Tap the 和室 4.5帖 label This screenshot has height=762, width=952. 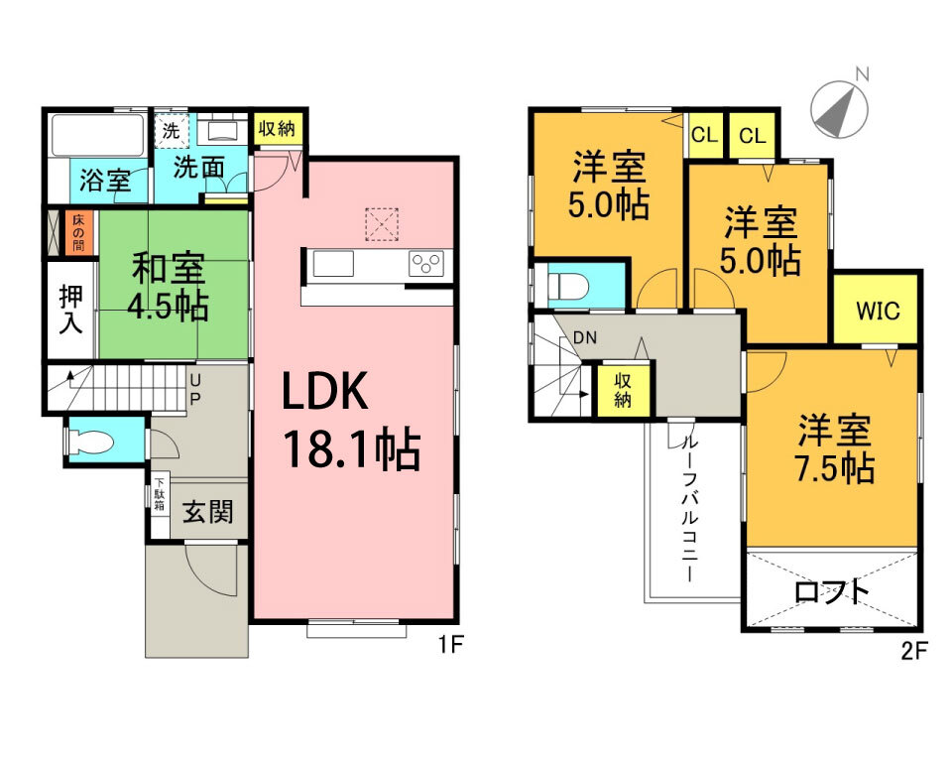pos(169,287)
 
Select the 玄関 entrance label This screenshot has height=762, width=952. pos(208,512)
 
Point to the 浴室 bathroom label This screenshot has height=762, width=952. pos(105,181)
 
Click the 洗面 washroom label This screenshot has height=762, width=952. pos(199,167)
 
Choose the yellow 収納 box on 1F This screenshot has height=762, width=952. pos(277,129)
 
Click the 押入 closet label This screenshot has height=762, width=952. pos(70,310)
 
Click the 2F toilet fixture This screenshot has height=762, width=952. pos(566,286)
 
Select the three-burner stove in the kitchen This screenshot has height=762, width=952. pos(426,264)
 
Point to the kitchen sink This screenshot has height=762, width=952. pos(333,264)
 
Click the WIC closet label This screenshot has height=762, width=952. pos(878,311)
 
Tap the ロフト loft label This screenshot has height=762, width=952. pos(832,591)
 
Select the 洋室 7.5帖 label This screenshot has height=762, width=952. pos(835,447)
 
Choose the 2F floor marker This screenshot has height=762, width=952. pos(914,652)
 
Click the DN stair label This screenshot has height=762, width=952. pos(585,337)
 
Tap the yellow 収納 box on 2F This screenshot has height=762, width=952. pos(623,390)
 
